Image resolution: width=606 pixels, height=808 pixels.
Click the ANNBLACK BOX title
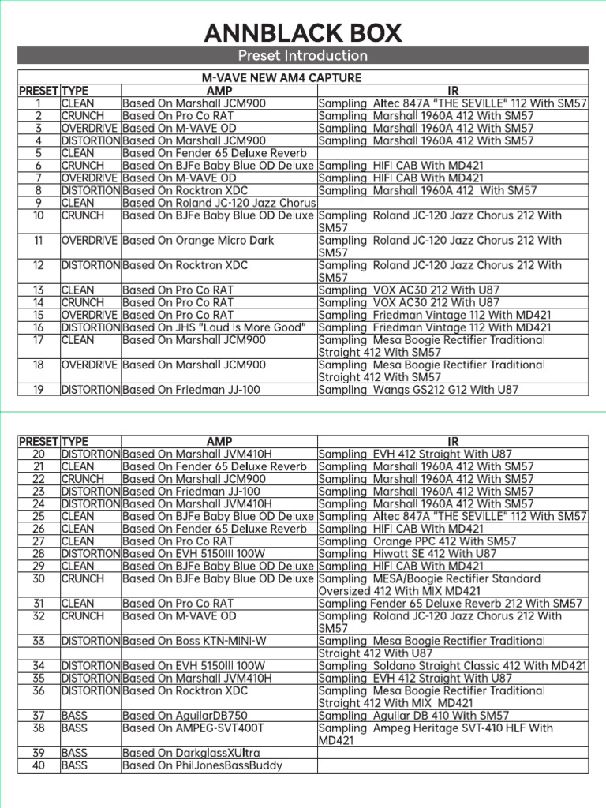pyautogui.click(x=303, y=33)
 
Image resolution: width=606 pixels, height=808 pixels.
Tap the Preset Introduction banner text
pyautogui.click(x=303, y=55)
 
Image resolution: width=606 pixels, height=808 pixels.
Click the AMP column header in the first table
pyautogui.click(x=219, y=90)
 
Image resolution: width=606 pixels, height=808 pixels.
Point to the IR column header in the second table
pyautogui.click(x=453, y=442)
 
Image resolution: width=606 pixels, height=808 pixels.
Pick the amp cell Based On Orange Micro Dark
pyautogui.click(x=198, y=240)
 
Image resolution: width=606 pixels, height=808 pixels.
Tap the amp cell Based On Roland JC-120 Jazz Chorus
pyautogui.click(x=214, y=203)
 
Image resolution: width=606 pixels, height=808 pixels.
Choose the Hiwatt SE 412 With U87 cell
pyautogui.click(x=407, y=554)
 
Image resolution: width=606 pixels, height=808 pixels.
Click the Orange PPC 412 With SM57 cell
pyautogui.click(x=417, y=541)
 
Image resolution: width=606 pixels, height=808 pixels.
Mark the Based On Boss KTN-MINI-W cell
pyautogui.click(x=195, y=642)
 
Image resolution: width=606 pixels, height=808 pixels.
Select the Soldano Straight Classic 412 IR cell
pyautogui.click(x=452, y=666)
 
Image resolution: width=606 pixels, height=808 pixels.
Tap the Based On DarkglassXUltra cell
pyautogui.click(x=191, y=753)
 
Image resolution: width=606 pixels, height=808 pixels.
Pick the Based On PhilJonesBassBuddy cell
pyautogui.click(x=202, y=765)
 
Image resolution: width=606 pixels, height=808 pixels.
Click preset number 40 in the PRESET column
pyautogui.click(x=39, y=765)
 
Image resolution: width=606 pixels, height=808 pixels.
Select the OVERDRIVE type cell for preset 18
pyautogui.click(x=89, y=365)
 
